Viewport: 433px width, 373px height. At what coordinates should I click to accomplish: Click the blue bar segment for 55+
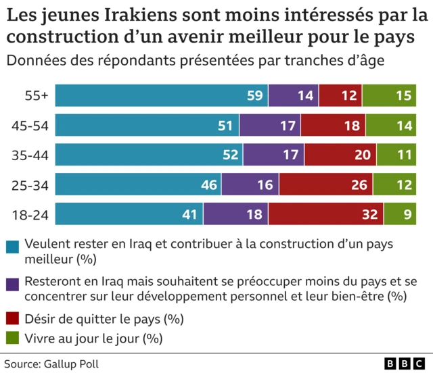click(x=161, y=96)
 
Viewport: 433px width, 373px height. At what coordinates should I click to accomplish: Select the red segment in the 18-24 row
click(x=325, y=215)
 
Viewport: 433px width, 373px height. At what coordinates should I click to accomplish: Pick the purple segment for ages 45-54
click(x=270, y=126)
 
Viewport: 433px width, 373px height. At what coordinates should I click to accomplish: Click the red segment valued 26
click(x=325, y=185)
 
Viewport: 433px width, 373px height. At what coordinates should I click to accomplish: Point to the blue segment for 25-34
click(x=138, y=185)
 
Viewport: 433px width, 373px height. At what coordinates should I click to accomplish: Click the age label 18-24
click(x=30, y=215)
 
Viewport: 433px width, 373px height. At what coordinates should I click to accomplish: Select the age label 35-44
click(x=30, y=155)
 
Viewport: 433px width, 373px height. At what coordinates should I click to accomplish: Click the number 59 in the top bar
click(x=254, y=96)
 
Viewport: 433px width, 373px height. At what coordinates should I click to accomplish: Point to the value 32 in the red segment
click(x=369, y=215)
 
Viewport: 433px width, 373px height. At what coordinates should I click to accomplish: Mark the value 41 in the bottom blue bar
click(x=189, y=215)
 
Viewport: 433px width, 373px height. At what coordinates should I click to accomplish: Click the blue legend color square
click(x=12, y=245)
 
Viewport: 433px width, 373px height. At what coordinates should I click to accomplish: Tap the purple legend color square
click(x=12, y=282)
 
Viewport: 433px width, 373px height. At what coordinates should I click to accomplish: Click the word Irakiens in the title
click(x=124, y=13)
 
